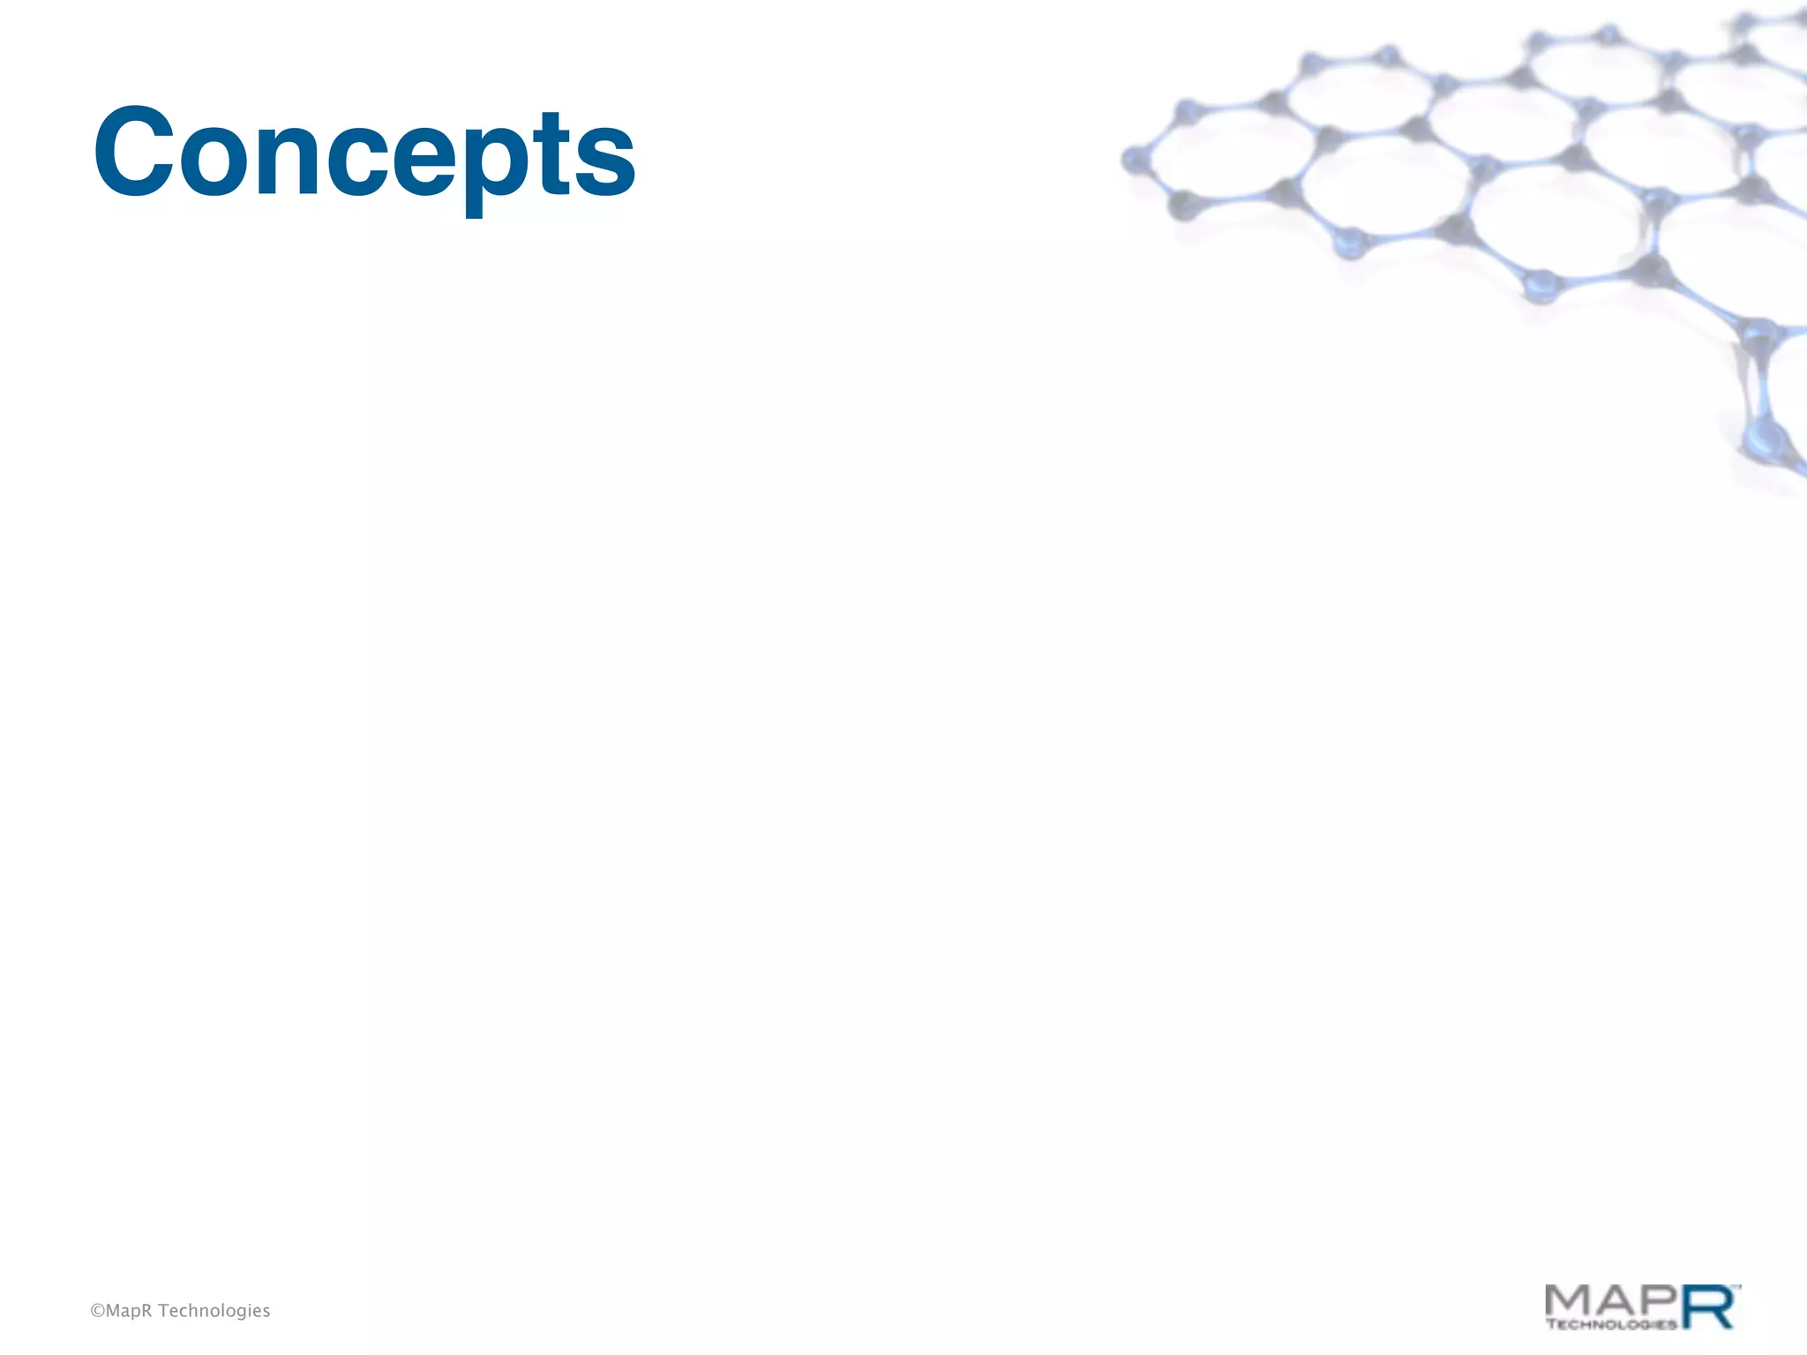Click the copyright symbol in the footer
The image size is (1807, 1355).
click(97, 1311)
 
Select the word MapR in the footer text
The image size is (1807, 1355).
click(129, 1311)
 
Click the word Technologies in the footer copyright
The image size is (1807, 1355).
click(214, 1311)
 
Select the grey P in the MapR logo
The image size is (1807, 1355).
click(1659, 1299)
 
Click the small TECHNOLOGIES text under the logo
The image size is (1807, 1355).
click(1611, 1324)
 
